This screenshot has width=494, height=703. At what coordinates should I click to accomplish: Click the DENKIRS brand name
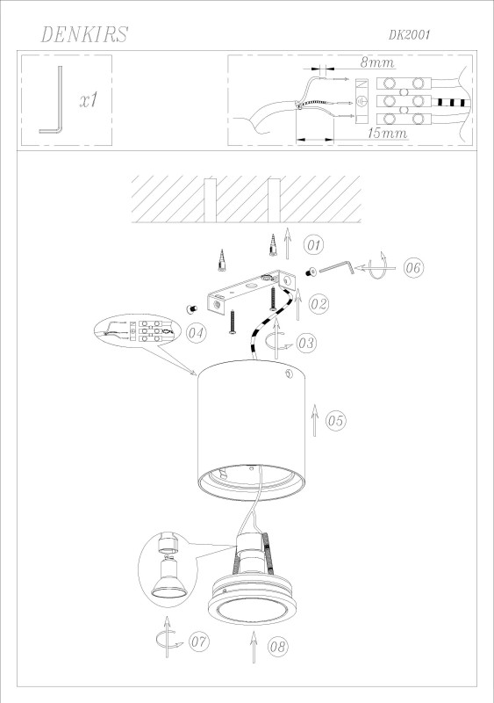(x=84, y=34)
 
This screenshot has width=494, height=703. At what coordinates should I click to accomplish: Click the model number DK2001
(x=410, y=35)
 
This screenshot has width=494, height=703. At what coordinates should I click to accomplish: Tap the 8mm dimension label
(x=377, y=62)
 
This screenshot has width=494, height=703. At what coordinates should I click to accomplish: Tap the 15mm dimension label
(x=388, y=134)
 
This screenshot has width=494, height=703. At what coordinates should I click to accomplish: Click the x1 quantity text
(x=89, y=100)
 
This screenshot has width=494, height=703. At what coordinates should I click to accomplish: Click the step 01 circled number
(x=313, y=245)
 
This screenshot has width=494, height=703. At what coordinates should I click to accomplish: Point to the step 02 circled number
(x=319, y=304)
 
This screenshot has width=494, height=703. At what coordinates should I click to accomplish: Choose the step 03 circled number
(x=306, y=343)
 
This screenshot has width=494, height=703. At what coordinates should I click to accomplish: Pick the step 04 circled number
(x=196, y=333)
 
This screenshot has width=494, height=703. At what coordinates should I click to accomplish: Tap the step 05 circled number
(x=335, y=421)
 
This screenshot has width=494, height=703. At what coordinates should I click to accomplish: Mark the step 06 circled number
(x=413, y=268)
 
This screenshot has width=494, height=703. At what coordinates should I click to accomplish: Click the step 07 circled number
(x=199, y=641)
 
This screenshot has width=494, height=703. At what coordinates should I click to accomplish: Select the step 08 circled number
(x=277, y=647)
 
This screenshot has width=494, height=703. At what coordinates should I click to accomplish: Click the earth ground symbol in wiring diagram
(x=362, y=102)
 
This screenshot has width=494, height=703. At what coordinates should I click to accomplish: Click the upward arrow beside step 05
(x=314, y=420)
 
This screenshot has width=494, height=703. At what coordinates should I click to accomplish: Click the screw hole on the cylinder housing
(x=288, y=373)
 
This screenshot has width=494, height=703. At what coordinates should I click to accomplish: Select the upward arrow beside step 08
(x=254, y=647)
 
